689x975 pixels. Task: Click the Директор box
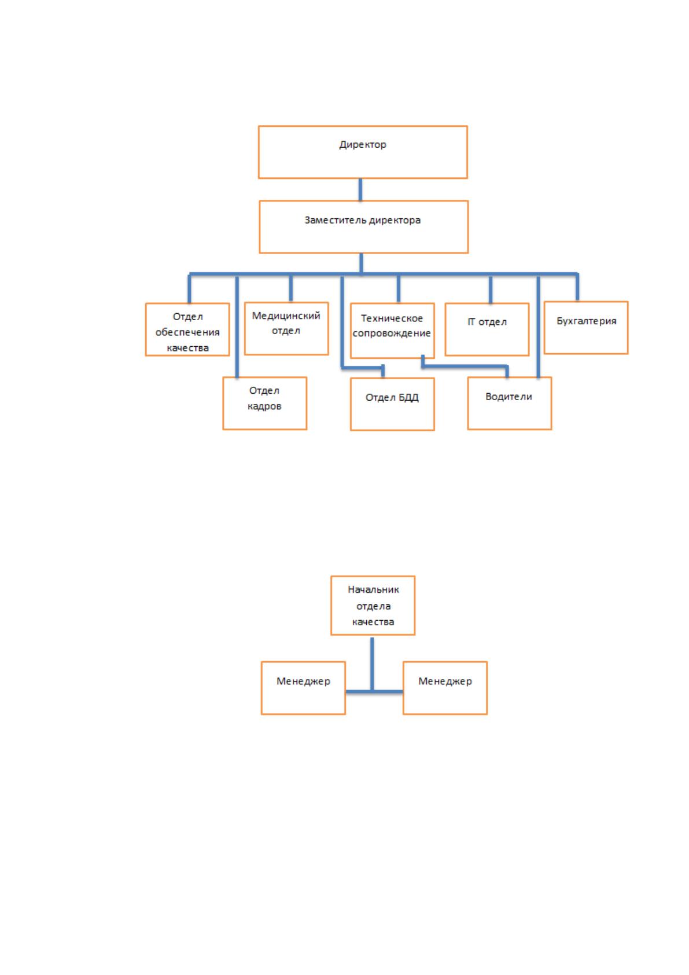tap(363, 152)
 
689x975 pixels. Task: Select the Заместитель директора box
tap(364, 227)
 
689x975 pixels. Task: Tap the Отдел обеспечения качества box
tap(187, 329)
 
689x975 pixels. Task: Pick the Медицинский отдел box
tap(286, 329)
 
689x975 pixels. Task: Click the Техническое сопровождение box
tap(392, 331)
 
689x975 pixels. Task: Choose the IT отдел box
tap(487, 329)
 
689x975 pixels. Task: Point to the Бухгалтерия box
tap(586, 328)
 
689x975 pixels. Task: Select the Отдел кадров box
tap(265, 404)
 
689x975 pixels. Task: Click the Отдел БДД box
tap(392, 404)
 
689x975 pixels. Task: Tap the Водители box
tap(510, 404)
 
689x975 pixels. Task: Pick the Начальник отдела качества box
tap(373, 606)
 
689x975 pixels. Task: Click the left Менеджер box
tap(303, 688)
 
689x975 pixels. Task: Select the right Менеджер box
tap(445, 688)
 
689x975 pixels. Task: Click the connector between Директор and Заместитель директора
tap(360, 190)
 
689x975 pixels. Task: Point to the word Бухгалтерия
tap(587, 321)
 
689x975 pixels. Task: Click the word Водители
tap(509, 397)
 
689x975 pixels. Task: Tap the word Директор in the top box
tap(363, 145)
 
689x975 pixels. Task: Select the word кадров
tap(264, 406)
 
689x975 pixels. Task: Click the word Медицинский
tap(286, 316)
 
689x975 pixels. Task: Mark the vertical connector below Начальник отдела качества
tap(372, 664)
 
